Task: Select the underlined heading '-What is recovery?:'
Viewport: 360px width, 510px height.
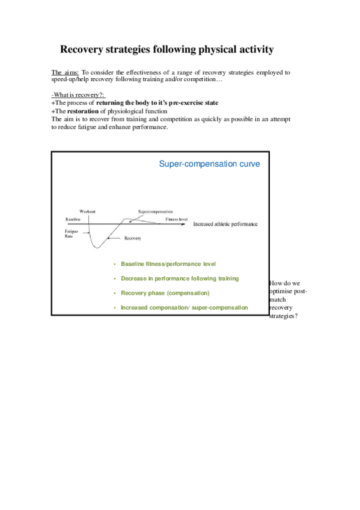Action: click(78, 96)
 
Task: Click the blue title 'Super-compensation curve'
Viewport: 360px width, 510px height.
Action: click(209, 164)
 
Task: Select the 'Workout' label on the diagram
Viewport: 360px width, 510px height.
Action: click(87, 212)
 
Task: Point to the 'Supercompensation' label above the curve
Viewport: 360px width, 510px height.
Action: click(155, 212)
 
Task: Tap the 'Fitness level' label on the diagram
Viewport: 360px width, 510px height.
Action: click(177, 220)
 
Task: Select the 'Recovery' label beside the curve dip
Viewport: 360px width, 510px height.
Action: click(132, 239)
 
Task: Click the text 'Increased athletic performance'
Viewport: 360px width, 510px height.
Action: click(225, 224)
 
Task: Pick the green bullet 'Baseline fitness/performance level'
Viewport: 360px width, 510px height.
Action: click(168, 264)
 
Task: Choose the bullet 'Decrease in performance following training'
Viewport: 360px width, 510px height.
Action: click(180, 278)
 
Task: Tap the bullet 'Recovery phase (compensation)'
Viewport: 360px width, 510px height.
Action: click(165, 293)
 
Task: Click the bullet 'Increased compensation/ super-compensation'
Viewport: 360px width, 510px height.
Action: click(184, 307)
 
